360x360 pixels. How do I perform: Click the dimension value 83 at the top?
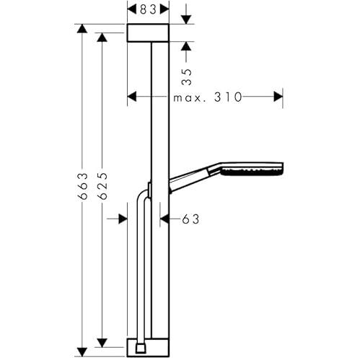148,9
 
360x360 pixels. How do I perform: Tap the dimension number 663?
82,186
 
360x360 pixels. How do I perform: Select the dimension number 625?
102,186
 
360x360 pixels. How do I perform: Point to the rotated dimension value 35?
186,77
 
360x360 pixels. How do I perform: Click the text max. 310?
208,97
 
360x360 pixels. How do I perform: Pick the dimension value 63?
190,219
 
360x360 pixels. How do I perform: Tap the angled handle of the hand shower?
190,180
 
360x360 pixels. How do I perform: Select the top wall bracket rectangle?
148,33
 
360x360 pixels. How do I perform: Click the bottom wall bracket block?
148,348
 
